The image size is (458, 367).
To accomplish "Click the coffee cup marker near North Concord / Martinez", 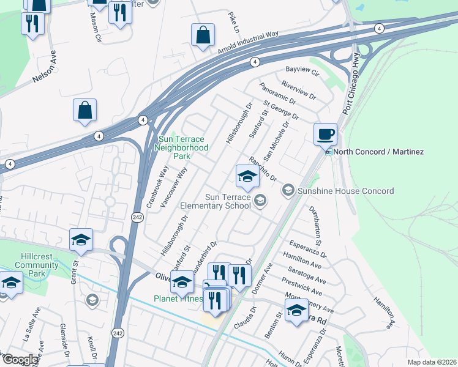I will (x=325, y=134).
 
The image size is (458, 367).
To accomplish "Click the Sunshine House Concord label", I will (x=346, y=191).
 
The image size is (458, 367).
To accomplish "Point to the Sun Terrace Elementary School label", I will (x=228, y=201).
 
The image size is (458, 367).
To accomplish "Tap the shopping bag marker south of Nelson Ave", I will (x=85, y=111).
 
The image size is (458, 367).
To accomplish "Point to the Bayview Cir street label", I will (x=302, y=72).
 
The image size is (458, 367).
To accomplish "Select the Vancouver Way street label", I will (x=173, y=188).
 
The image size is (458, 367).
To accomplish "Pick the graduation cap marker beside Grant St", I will (x=80, y=241).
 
